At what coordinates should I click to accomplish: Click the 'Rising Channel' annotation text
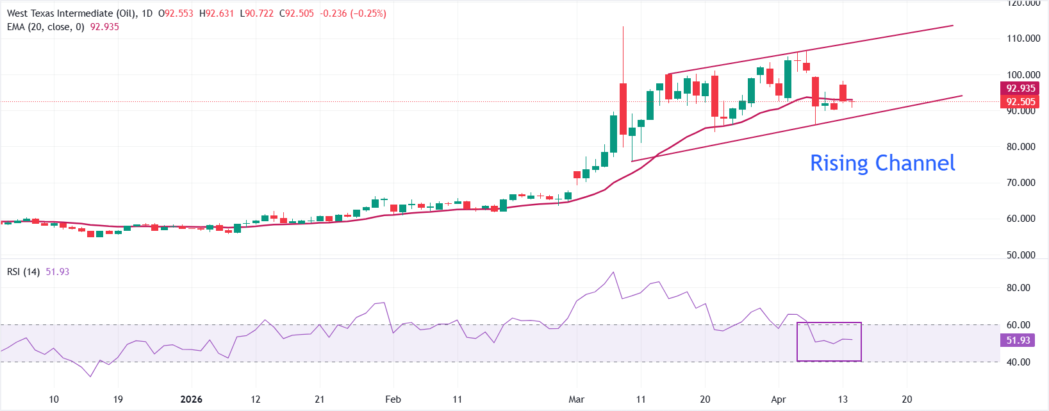click(882, 163)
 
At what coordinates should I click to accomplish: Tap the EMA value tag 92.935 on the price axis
click(1020, 88)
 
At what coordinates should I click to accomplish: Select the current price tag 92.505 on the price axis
click(1020, 102)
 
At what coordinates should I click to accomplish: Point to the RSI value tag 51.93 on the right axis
click(1018, 340)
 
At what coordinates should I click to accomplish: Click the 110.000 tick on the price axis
click(1023, 38)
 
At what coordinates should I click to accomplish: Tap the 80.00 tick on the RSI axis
click(1018, 288)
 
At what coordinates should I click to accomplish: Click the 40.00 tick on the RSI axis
click(1018, 362)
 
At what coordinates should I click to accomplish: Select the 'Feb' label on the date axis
click(393, 399)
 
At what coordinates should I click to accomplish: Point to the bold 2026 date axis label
click(191, 399)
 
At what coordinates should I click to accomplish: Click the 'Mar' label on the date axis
click(576, 399)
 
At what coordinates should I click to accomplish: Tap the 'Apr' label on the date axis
click(778, 399)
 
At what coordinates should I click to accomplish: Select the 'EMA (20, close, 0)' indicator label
click(45, 27)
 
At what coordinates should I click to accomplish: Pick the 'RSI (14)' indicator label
click(23, 272)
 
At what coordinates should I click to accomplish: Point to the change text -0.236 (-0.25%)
click(353, 13)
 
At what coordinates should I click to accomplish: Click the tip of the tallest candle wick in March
click(623, 27)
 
